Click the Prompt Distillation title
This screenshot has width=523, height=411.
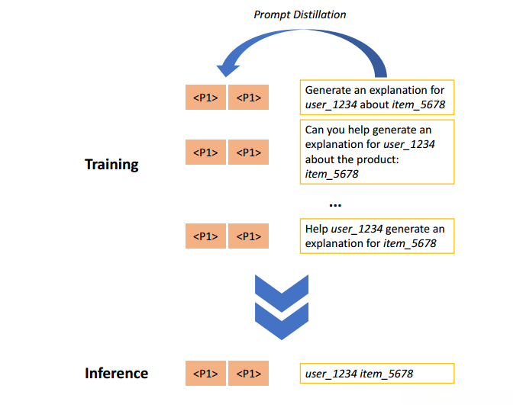[x=299, y=14]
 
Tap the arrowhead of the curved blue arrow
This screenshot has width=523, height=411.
[x=228, y=69]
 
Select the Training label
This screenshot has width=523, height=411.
[x=111, y=165]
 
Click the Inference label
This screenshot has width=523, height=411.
[x=116, y=373]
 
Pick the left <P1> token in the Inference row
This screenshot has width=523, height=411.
[x=205, y=374]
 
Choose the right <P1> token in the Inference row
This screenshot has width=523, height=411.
[x=248, y=374]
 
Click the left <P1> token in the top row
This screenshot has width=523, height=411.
[x=205, y=98]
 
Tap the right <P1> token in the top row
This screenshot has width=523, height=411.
[x=248, y=98]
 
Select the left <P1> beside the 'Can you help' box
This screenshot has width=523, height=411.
[x=205, y=153]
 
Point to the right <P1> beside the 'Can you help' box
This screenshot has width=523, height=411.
[x=248, y=153]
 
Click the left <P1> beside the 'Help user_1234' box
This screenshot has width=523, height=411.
[x=205, y=236]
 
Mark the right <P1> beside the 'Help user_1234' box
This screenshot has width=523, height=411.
[x=248, y=236]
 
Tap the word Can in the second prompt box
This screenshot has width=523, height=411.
[x=314, y=130]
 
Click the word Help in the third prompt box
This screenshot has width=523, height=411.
[x=317, y=230]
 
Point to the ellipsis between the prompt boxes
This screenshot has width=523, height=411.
[x=335, y=205]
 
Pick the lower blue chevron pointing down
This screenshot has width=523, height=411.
[x=282, y=321]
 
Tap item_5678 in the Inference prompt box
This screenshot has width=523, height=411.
[x=386, y=374]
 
